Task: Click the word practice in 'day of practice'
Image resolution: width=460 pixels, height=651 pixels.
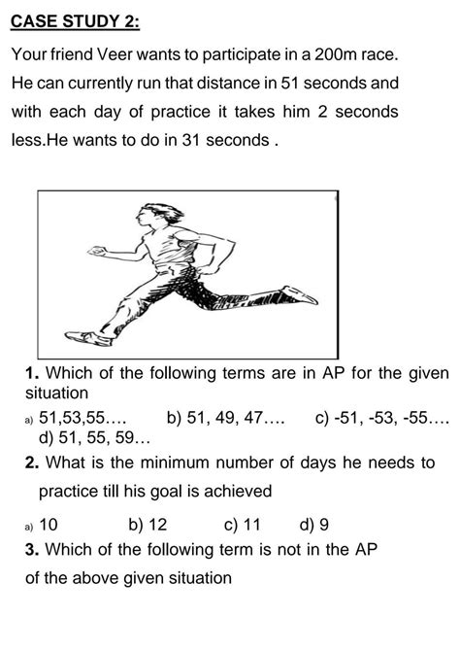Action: click(191, 112)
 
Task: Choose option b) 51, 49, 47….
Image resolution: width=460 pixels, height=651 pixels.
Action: click(225, 419)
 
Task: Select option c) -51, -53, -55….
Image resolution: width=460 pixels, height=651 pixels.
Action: click(382, 419)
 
